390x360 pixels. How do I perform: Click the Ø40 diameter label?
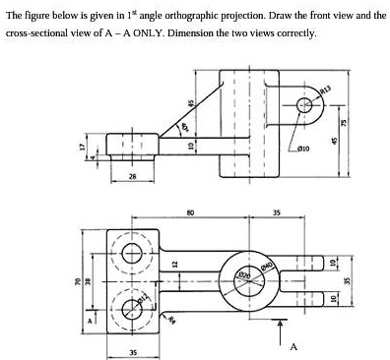(x=264, y=266)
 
